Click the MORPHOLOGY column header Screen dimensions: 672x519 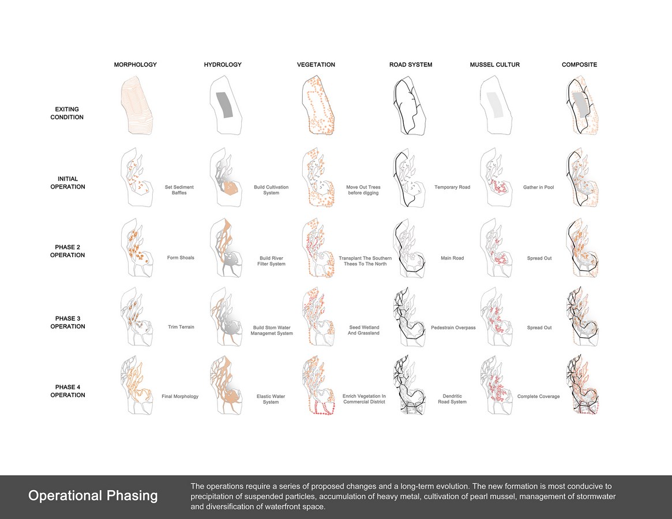pyautogui.click(x=136, y=65)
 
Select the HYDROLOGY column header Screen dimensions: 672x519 pyautogui.click(x=223, y=65)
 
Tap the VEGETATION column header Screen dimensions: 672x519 pyautogui.click(x=316, y=65)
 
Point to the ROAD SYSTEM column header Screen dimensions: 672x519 pyautogui.click(x=411, y=65)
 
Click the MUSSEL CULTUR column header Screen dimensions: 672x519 pyautogui.click(x=494, y=65)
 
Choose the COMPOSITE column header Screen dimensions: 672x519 pyautogui.click(x=580, y=65)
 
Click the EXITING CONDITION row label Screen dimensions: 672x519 pyautogui.click(x=67, y=113)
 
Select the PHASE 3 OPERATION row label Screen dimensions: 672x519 pyautogui.click(x=67, y=322)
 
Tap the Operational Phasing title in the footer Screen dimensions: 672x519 pyautogui.click(x=93, y=496)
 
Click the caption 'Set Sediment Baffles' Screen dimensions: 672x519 pyautogui.click(x=179, y=190)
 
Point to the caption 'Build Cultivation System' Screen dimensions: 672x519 pyautogui.click(x=271, y=190)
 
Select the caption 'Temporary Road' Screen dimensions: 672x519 pyautogui.click(x=452, y=187)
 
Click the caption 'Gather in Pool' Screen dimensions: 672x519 pyautogui.click(x=539, y=187)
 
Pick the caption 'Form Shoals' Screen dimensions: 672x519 pyautogui.click(x=181, y=258)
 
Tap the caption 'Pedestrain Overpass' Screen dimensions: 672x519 pyautogui.click(x=453, y=328)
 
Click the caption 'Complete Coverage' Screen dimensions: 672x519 pyautogui.click(x=538, y=396)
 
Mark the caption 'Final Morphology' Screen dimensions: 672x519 pyautogui.click(x=180, y=396)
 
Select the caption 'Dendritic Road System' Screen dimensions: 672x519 pyautogui.click(x=452, y=399)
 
